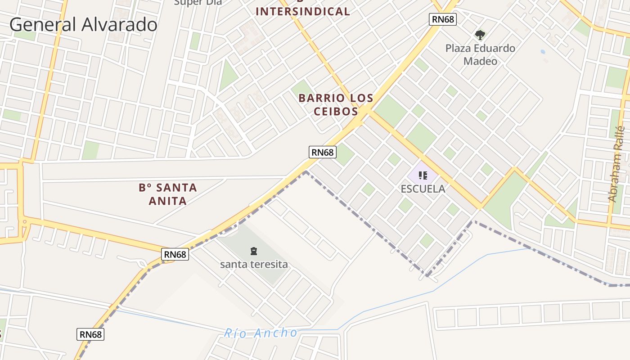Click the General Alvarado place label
click(x=83, y=24)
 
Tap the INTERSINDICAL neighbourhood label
click(x=303, y=11)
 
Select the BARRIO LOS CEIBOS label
click(x=336, y=104)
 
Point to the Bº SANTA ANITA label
click(x=168, y=194)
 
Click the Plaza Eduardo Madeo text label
click(x=480, y=54)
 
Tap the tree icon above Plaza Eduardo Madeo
click(x=480, y=35)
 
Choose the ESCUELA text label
click(x=423, y=189)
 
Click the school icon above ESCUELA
click(x=423, y=175)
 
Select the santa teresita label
click(x=254, y=264)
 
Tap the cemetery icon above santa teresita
click(x=254, y=251)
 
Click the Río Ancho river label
click(x=261, y=333)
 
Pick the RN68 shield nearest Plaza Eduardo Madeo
click(x=443, y=19)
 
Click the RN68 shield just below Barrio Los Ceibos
click(x=323, y=152)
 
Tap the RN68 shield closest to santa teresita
click(x=175, y=254)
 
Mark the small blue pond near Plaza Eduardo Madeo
click(x=543, y=52)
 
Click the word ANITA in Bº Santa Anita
click(x=168, y=201)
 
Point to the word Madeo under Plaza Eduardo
click(x=480, y=61)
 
